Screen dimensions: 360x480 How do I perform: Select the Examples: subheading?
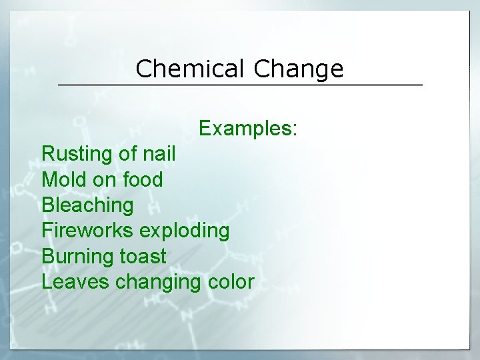(249, 127)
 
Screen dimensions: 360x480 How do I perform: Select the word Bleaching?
(87, 205)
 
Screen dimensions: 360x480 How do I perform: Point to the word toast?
(143, 256)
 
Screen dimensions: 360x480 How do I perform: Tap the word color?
(230, 281)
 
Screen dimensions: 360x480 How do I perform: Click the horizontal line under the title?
(240, 85)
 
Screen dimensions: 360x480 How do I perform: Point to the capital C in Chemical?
(143, 69)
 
